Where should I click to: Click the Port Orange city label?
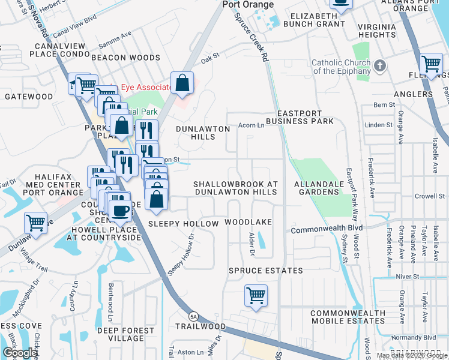pos(248,5)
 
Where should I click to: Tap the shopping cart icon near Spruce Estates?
pos(256,296)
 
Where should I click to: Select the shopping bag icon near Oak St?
pos(182,83)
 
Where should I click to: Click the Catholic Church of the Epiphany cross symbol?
pos(379,65)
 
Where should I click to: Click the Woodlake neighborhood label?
pos(249,222)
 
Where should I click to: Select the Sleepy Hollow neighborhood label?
pos(184,224)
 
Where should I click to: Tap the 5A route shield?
pos(193,316)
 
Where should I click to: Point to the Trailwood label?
pos(200,326)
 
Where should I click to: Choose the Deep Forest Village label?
pos(125,334)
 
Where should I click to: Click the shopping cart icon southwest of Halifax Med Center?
pos(35,223)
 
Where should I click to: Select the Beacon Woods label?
pos(125,58)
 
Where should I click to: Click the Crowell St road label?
pos(430,196)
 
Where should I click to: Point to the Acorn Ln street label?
pos(252,125)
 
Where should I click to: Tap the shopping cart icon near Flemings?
pos(431,63)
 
